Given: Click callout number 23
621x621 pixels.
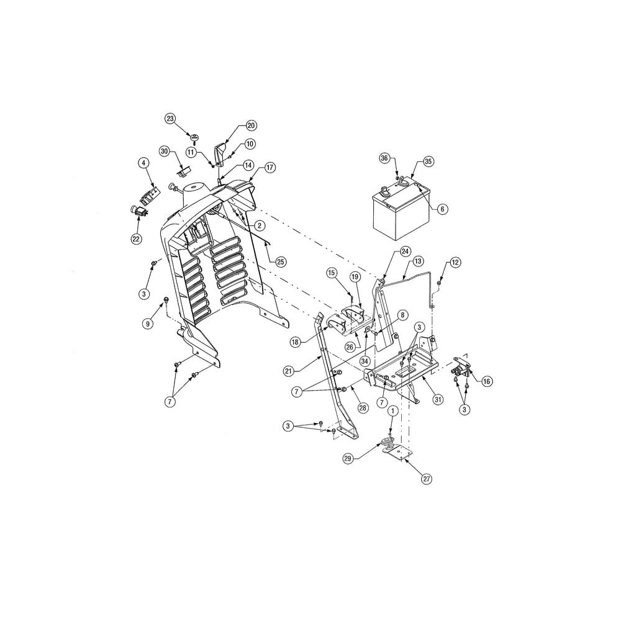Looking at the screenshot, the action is tap(170, 119).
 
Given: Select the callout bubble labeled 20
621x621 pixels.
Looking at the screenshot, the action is tap(251, 125).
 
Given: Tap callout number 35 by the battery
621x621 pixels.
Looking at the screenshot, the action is tap(428, 161).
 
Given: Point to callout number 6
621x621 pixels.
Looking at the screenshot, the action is tap(442, 209).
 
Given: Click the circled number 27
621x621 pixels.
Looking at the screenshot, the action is tap(427, 479).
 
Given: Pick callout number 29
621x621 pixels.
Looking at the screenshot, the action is tap(348, 459).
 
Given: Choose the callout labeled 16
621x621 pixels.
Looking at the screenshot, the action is tap(487, 381).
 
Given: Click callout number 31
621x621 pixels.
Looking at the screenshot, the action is tap(438, 399).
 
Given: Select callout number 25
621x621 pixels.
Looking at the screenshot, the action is tap(281, 262).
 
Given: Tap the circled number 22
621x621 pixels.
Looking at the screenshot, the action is tap(137, 239).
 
